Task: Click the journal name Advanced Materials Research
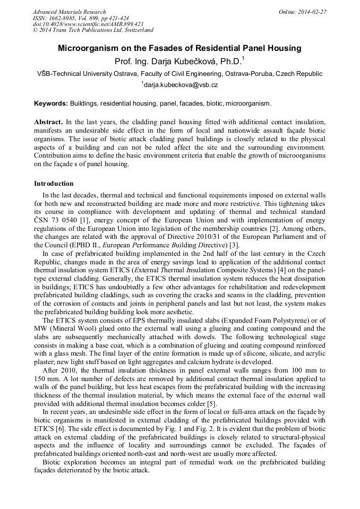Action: click(69, 12)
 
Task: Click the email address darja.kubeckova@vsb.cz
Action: click(181, 84)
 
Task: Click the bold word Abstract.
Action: click(48, 122)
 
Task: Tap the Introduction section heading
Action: click(54, 184)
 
